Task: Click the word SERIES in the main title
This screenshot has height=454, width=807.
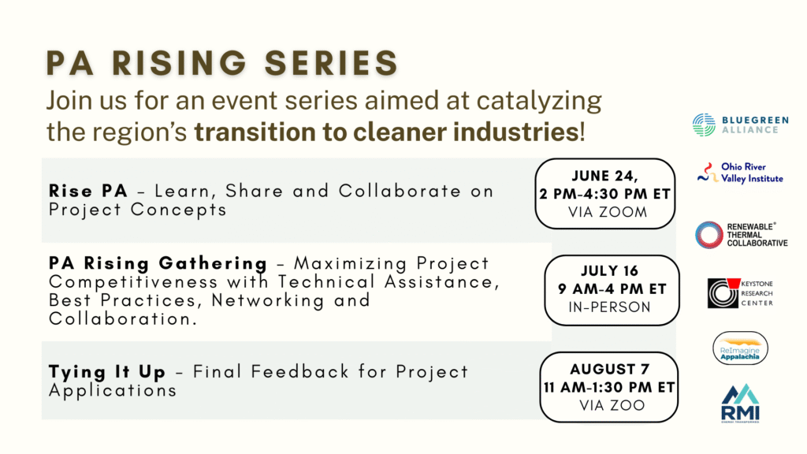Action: pyautogui.click(x=332, y=63)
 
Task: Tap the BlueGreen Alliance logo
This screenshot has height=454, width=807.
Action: pyautogui.click(x=739, y=125)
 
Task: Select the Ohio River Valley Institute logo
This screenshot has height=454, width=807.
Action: pyautogui.click(x=739, y=173)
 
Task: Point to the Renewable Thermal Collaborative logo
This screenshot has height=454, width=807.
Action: pyautogui.click(x=741, y=235)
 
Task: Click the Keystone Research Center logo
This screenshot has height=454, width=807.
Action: pyautogui.click(x=740, y=293)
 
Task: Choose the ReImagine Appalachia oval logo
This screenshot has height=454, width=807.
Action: pyautogui.click(x=740, y=348)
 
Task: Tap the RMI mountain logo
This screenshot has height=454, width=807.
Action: pyautogui.click(x=740, y=404)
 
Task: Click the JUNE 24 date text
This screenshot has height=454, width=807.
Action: pyautogui.click(x=604, y=176)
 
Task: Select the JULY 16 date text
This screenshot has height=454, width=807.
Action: pyautogui.click(x=609, y=271)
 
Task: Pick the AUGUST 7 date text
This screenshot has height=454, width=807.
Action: pyautogui.click(x=609, y=369)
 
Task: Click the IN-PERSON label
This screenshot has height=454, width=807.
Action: pyautogui.click(x=609, y=307)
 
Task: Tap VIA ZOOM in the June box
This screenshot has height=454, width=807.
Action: pyautogui.click(x=608, y=212)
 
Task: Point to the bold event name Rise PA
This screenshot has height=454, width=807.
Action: pyautogui.click(x=88, y=191)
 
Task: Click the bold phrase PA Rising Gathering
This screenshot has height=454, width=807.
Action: pyautogui.click(x=158, y=263)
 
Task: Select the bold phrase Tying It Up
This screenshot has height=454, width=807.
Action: pyautogui.click(x=107, y=372)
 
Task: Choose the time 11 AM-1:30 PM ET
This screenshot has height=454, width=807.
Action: pyautogui.click(x=609, y=387)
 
